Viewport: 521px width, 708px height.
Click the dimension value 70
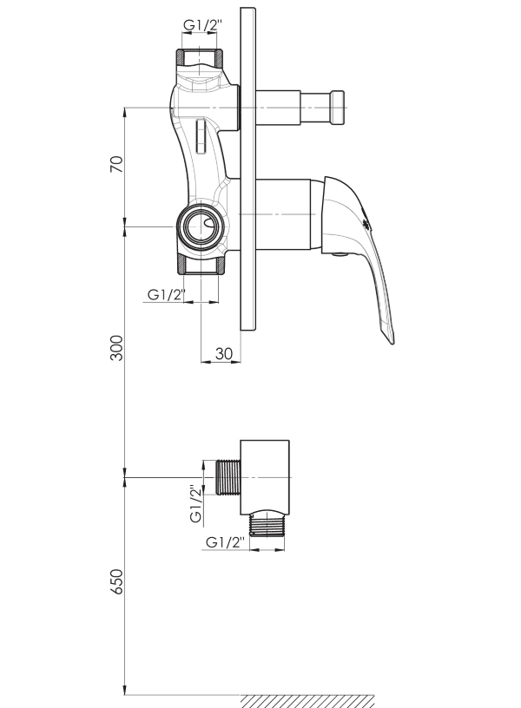pyautogui.click(x=116, y=164)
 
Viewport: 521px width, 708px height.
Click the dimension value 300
pyautogui.click(x=116, y=348)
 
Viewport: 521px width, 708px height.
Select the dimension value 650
pyautogui.click(x=116, y=581)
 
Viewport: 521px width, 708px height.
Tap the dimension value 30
pyautogui.click(x=223, y=353)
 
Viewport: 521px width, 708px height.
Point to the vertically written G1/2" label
pyautogui.click(x=195, y=504)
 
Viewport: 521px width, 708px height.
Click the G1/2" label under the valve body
pyautogui.click(x=167, y=295)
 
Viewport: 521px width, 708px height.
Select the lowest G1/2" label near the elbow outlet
pyautogui.click(x=225, y=541)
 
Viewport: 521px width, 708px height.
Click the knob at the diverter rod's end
pyautogui.click(x=338, y=108)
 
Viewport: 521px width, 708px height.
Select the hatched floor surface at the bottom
pyautogui.click(x=307, y=701)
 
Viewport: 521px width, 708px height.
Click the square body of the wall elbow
pyautogui.click(x=264, y=477)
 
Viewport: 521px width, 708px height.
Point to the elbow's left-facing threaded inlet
pyautogui.click(x=228, y=477)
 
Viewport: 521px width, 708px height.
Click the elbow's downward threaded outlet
pyautogui.click(x=267, y=525)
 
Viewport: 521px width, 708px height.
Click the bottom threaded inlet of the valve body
pyautogui.click(x=199, y=265)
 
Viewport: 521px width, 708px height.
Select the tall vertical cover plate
pyautogui.click(x=247, y=169)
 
